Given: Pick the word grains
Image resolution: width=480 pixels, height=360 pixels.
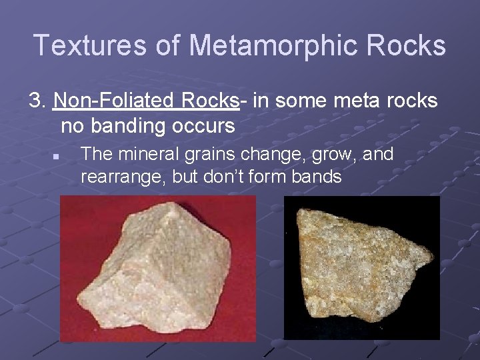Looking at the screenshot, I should [x=192, y=155].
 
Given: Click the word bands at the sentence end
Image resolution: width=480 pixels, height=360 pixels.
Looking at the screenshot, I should [x=319, y=177].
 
